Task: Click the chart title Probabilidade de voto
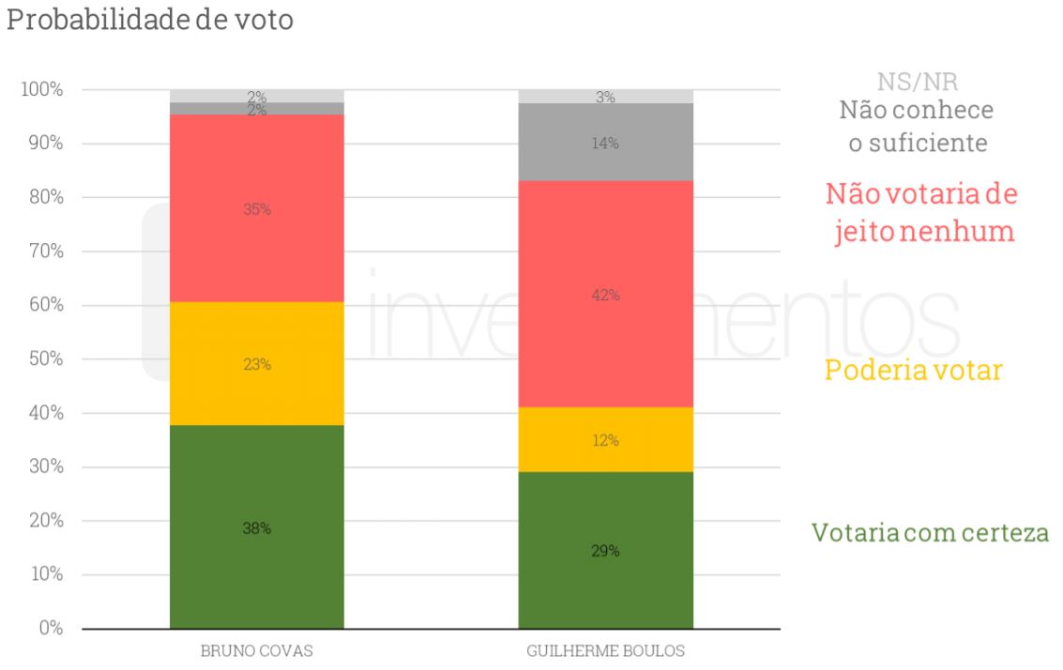[149, 21]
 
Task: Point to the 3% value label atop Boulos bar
[605, 97]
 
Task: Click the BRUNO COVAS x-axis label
[256, 651]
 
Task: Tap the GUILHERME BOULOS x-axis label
[605, 651]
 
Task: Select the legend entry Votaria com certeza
[930, 533]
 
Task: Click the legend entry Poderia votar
[913, 371]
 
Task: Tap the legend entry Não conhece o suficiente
[916, 127]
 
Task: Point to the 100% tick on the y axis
[40, 90]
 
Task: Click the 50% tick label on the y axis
[44, 359]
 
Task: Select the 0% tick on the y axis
[50, 629]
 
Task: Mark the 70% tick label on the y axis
[44, 251]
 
